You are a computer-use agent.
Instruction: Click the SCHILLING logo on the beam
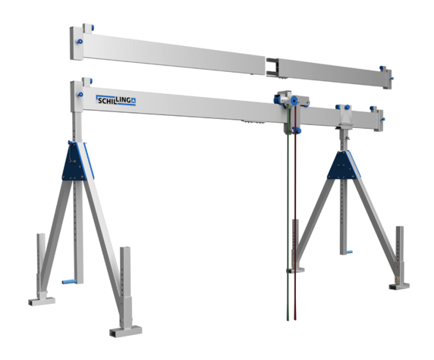point(115,100)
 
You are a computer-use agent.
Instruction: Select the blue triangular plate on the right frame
point(343,165)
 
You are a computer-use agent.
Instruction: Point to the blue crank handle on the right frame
point(349,252)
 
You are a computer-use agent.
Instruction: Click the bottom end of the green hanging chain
point(288,320)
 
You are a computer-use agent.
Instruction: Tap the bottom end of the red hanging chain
point(295,319)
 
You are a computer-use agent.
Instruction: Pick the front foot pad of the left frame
point(126,331)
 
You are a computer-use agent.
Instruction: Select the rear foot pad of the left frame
point(42,301)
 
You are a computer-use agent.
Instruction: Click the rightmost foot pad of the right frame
point(399,286)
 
